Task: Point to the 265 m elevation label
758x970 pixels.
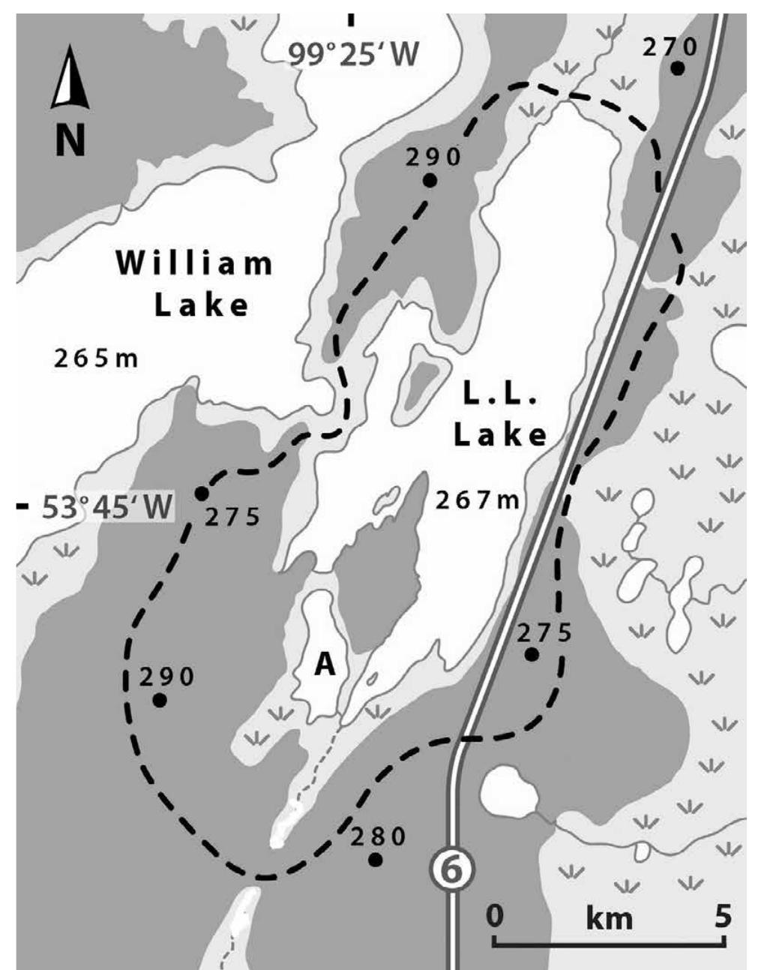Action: [97, 359]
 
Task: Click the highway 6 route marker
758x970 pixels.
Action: [452, 869]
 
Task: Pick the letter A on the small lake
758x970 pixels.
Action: [324, 663]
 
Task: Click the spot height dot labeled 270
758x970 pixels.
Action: [677, 68]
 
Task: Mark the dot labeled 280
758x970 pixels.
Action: [376, 860]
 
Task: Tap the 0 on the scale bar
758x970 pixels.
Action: [494, 915]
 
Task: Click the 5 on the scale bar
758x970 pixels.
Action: [721, 915]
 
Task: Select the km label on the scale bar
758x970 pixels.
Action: [609, 917]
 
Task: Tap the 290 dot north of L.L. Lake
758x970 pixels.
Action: [430, 180]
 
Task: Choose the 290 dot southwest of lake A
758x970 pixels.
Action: [159, 700]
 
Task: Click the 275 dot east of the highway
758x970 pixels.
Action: [532, 654]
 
